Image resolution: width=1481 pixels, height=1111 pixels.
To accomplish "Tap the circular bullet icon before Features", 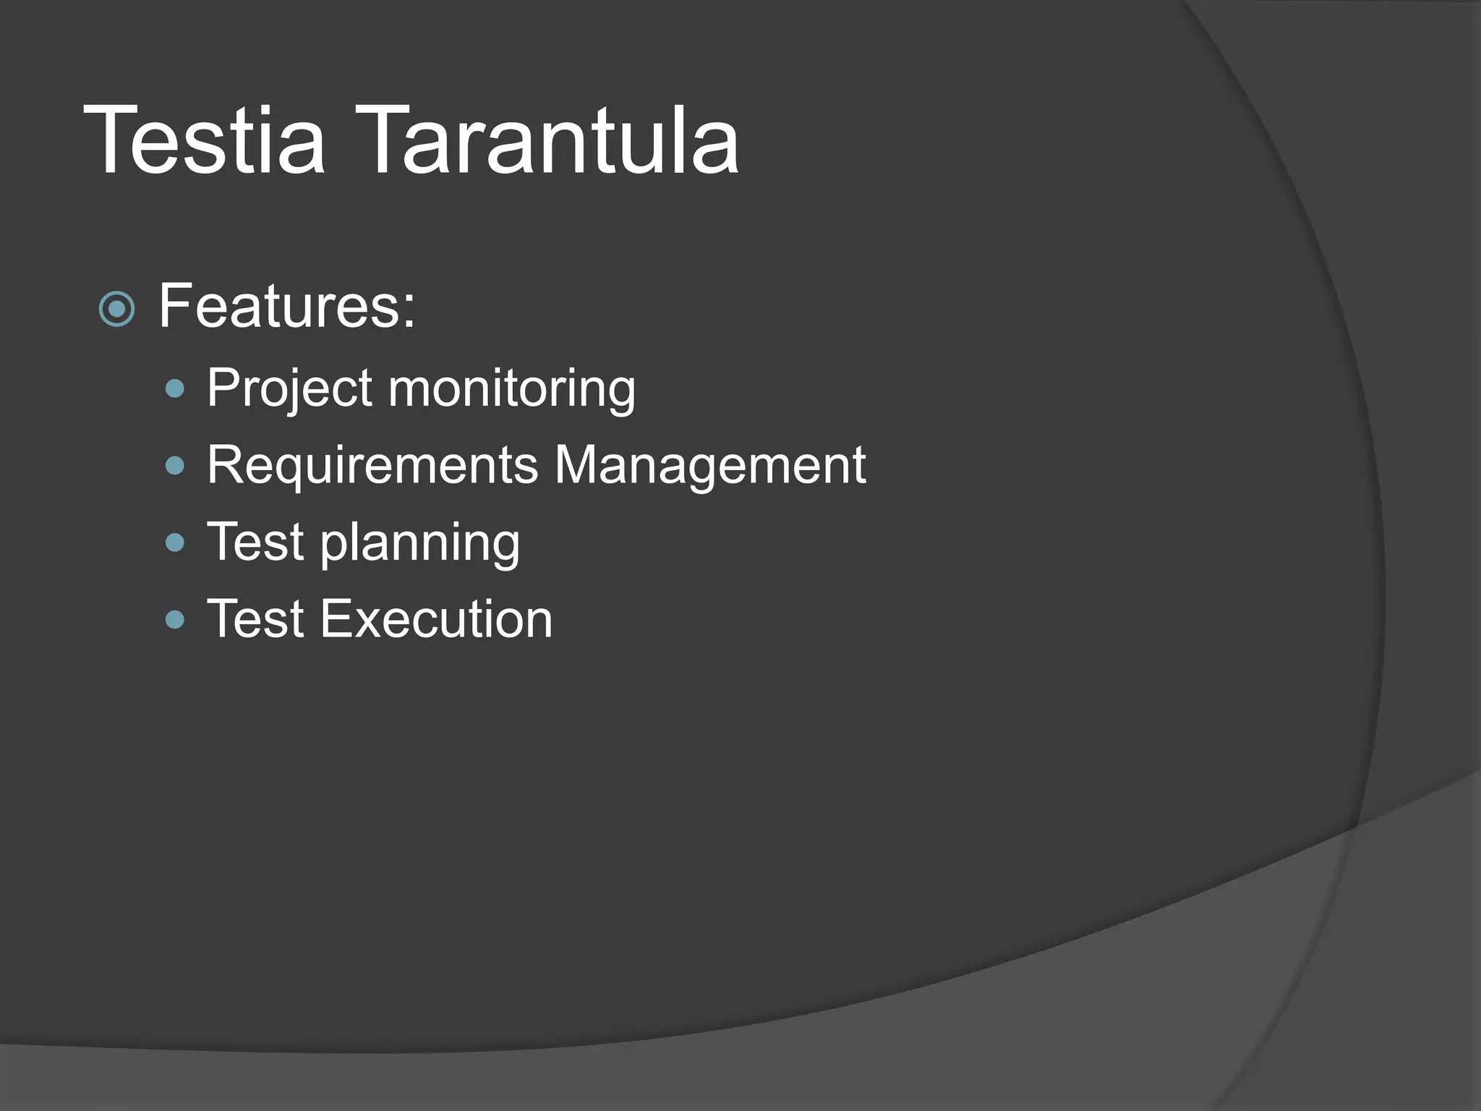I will [116, 310].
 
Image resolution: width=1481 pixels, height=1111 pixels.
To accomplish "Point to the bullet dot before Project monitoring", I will [175, 390].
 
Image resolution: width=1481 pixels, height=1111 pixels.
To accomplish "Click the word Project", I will [289, 389].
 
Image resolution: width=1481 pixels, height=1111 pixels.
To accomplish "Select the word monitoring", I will [512, 389].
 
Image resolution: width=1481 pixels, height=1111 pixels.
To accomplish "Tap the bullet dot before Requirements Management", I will [175, 466].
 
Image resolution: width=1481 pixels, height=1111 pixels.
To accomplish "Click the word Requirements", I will [372, 465].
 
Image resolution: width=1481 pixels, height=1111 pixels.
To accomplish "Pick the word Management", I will [710, 465].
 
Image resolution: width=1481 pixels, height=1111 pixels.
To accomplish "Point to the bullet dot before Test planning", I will [175, 542].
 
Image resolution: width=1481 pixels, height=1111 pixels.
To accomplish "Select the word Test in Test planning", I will [255, 542].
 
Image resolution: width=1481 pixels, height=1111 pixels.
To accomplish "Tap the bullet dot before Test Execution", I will [175, 619].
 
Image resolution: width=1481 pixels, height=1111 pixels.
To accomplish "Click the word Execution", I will [436, 619].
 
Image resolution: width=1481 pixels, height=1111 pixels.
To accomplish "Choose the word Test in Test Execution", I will [255, 619].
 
